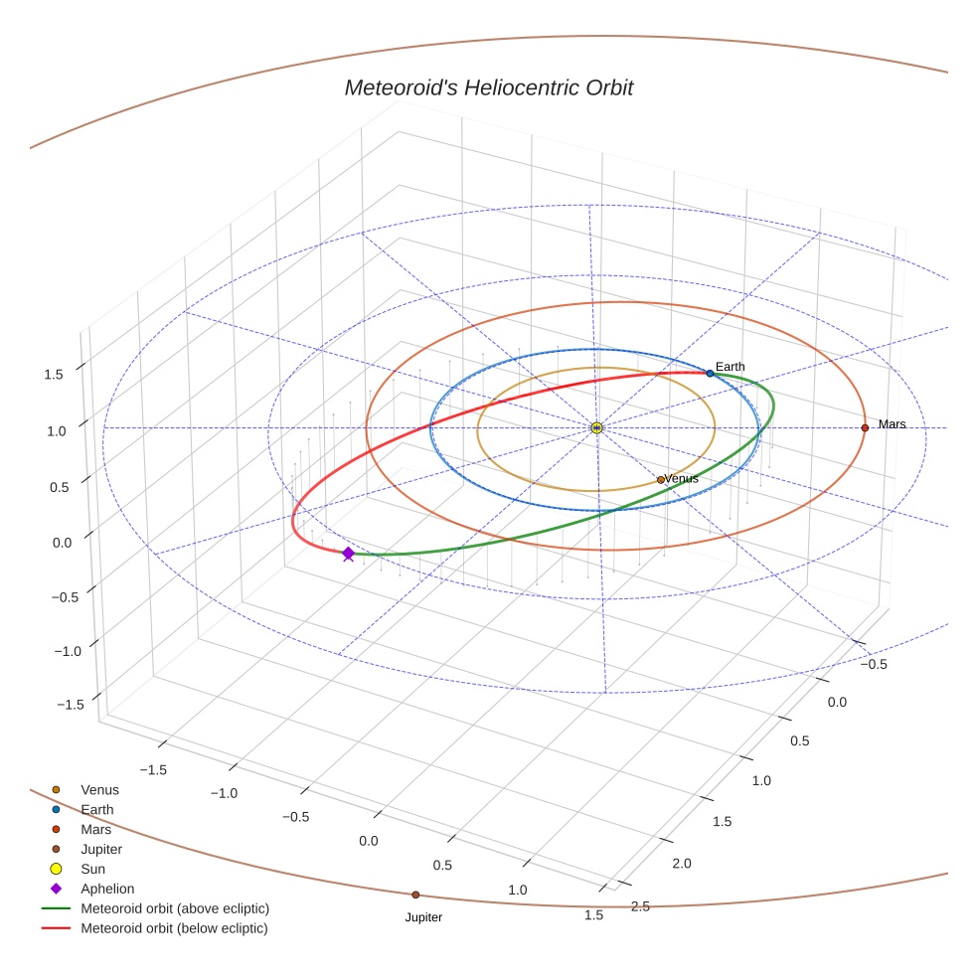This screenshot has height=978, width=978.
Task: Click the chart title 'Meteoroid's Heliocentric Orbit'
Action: (x=488, y=88)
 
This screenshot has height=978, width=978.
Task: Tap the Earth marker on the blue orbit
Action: (x=710, y=373)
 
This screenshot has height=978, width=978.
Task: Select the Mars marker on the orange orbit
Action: (x=865, y=427)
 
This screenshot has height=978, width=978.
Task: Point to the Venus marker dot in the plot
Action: (x=661, y=479)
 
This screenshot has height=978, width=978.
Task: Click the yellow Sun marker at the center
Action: (x=596, y=427)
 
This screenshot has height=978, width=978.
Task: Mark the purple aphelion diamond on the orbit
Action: (x=348, y=554)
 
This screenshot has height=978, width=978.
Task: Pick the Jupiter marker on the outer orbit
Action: (x=415, y=895)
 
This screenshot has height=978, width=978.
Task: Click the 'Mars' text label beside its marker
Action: (x=892, y=424)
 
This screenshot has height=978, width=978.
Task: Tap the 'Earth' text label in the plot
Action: (x=730, y=367)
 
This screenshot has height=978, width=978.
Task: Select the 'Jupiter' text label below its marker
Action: (x=423, y=917)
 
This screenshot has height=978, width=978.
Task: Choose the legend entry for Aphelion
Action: (x=107, y=889)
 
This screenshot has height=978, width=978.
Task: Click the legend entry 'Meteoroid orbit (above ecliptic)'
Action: (x=175, y=908)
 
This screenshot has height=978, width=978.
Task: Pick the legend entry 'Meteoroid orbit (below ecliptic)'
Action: (x=174, y=928)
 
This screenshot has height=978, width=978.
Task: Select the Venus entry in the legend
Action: (x=99, y=789)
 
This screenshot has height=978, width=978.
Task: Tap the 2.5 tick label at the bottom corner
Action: (x=641, y=905)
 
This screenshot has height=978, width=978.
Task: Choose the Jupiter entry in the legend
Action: (x=101, y=849)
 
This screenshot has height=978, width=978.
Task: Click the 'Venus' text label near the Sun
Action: (x=682, y=478)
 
